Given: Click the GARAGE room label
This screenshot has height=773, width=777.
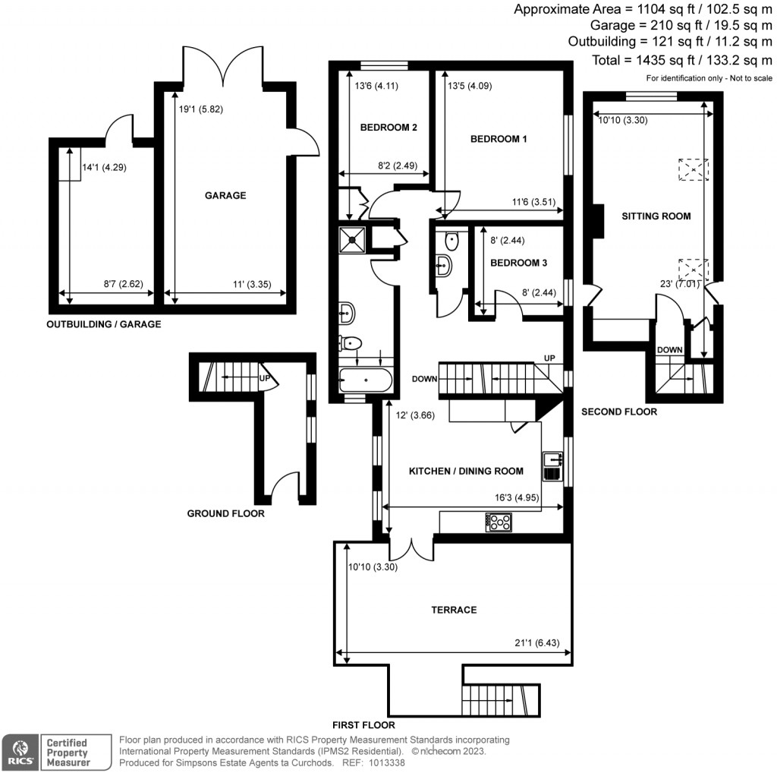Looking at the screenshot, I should (x=225, y=195).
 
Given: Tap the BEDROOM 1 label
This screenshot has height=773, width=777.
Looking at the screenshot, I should (x=499, y=139).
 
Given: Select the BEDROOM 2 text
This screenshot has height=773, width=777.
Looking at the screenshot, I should (x=388, y=128).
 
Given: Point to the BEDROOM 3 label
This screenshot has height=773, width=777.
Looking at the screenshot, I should (x=519, y=263).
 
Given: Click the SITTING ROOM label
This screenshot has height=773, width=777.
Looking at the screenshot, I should (x=656, y=216).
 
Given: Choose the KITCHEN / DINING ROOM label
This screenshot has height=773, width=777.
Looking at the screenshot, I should (x=466, y=471).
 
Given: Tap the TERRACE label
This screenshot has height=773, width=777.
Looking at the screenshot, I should (x=454, y=610).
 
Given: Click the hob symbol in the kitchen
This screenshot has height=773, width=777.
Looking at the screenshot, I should (x=499, y=522).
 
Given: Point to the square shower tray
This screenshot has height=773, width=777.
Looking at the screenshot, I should (x=353, y=239).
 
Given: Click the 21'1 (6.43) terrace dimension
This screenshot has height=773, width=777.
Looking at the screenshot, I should (x=536, y=642).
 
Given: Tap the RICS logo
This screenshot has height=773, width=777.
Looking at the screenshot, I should (x=19, y=750).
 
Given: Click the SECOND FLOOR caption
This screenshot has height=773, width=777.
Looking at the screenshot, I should (x=618, y=412).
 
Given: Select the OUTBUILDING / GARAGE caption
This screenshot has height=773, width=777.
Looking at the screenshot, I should (x=104, y=324).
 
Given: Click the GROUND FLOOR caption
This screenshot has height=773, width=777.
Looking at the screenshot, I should (x=226, y=513).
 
